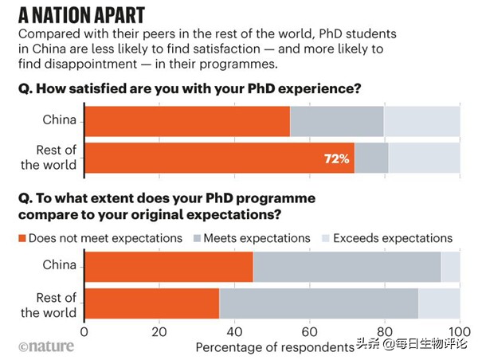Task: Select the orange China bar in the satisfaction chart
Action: pos(187,121)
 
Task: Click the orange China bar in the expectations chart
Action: pos(169,266)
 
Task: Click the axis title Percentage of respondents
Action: pos(275,347)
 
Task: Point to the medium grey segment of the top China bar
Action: pos(337,121)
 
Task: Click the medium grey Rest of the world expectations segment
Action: pos(319,303)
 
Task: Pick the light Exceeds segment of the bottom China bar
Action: pos(450,266)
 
